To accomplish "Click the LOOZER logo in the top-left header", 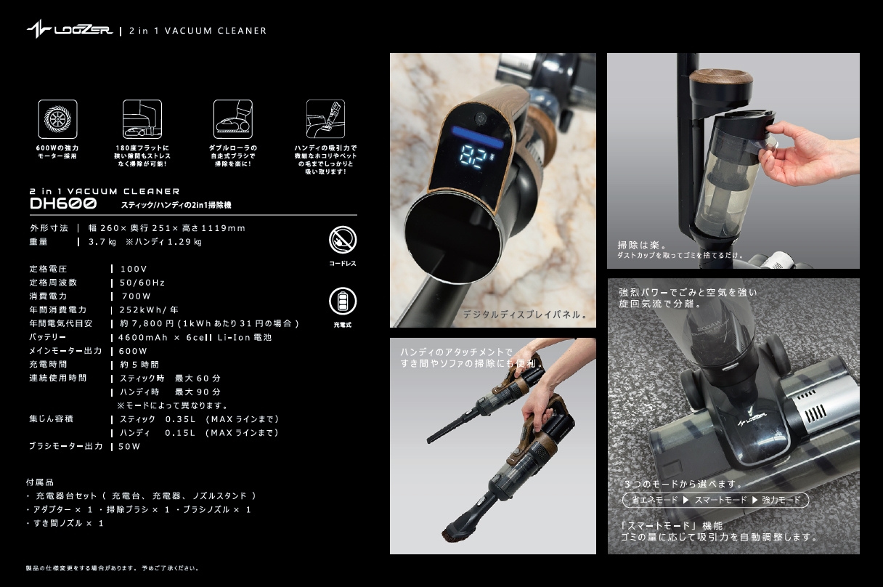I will click(69, 31).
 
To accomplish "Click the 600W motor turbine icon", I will click(57, 119).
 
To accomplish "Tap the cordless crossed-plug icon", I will click(343, 240).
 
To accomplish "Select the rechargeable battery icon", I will click(343, 301).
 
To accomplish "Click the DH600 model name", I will click(64, 204).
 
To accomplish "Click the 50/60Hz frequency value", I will click(142, 283).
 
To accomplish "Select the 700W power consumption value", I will click(137, 296).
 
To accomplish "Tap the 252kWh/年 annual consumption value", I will click(149, 310).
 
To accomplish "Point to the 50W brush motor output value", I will click(129, 447).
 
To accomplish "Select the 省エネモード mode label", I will click(654, 501).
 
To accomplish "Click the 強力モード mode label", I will click(781, 501).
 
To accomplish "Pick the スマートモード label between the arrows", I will click(720, 501).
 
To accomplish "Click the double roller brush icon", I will click(232, 119).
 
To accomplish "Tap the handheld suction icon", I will click(325, 119).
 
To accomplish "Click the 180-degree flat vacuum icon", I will click(142, 119).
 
